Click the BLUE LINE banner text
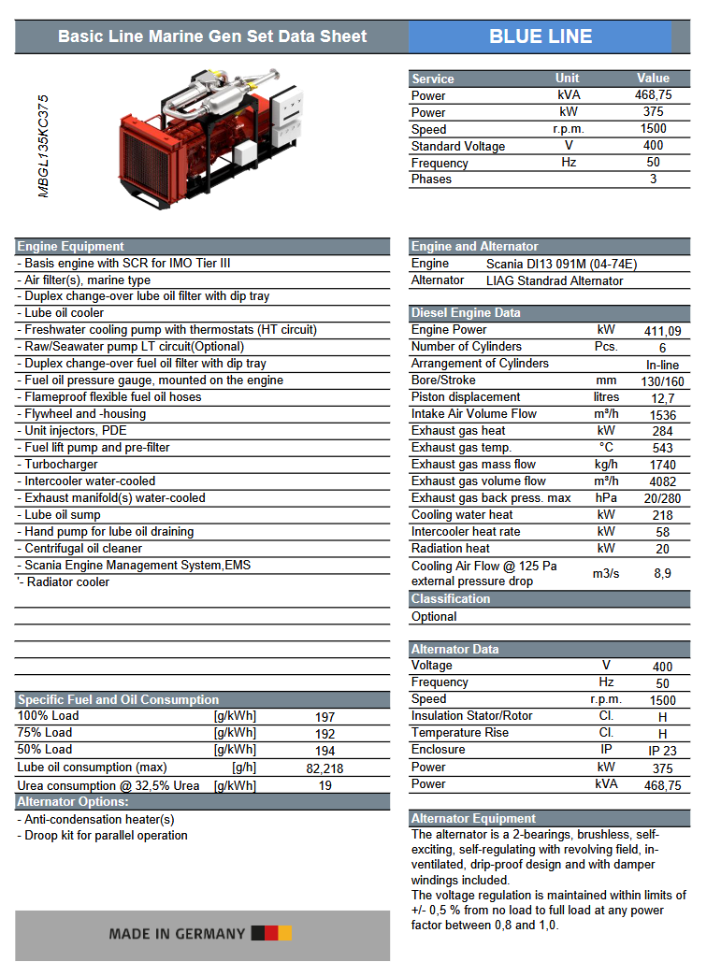click(541, 36)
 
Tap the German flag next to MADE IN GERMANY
click(271, 933)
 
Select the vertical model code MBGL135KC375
click(43, 145)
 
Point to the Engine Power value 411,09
click(662, 331)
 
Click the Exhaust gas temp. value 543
click(662, 448)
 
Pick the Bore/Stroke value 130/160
click(662, 381)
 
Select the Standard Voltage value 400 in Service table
click(654, 146)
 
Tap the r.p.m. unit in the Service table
click(568, 129)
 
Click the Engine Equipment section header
click(71, 247)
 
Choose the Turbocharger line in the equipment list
click(61, 464)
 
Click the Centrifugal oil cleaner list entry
click(83, 548)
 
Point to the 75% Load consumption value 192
click(324, 734)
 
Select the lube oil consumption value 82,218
click(324, 768)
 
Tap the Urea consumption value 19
click(324, 785)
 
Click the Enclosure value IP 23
click(662, 751)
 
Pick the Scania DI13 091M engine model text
click(551, 264)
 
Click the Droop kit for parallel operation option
click(106, 835)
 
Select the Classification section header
click(451, 599)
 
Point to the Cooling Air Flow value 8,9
click(662, 573)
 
